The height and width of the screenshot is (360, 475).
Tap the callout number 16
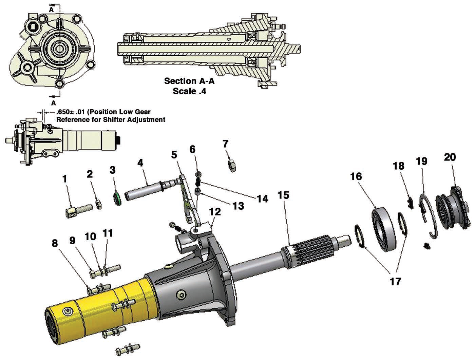point(356,176)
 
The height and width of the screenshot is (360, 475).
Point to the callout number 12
point(215,212)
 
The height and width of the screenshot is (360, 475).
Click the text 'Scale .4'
point(189,91)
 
